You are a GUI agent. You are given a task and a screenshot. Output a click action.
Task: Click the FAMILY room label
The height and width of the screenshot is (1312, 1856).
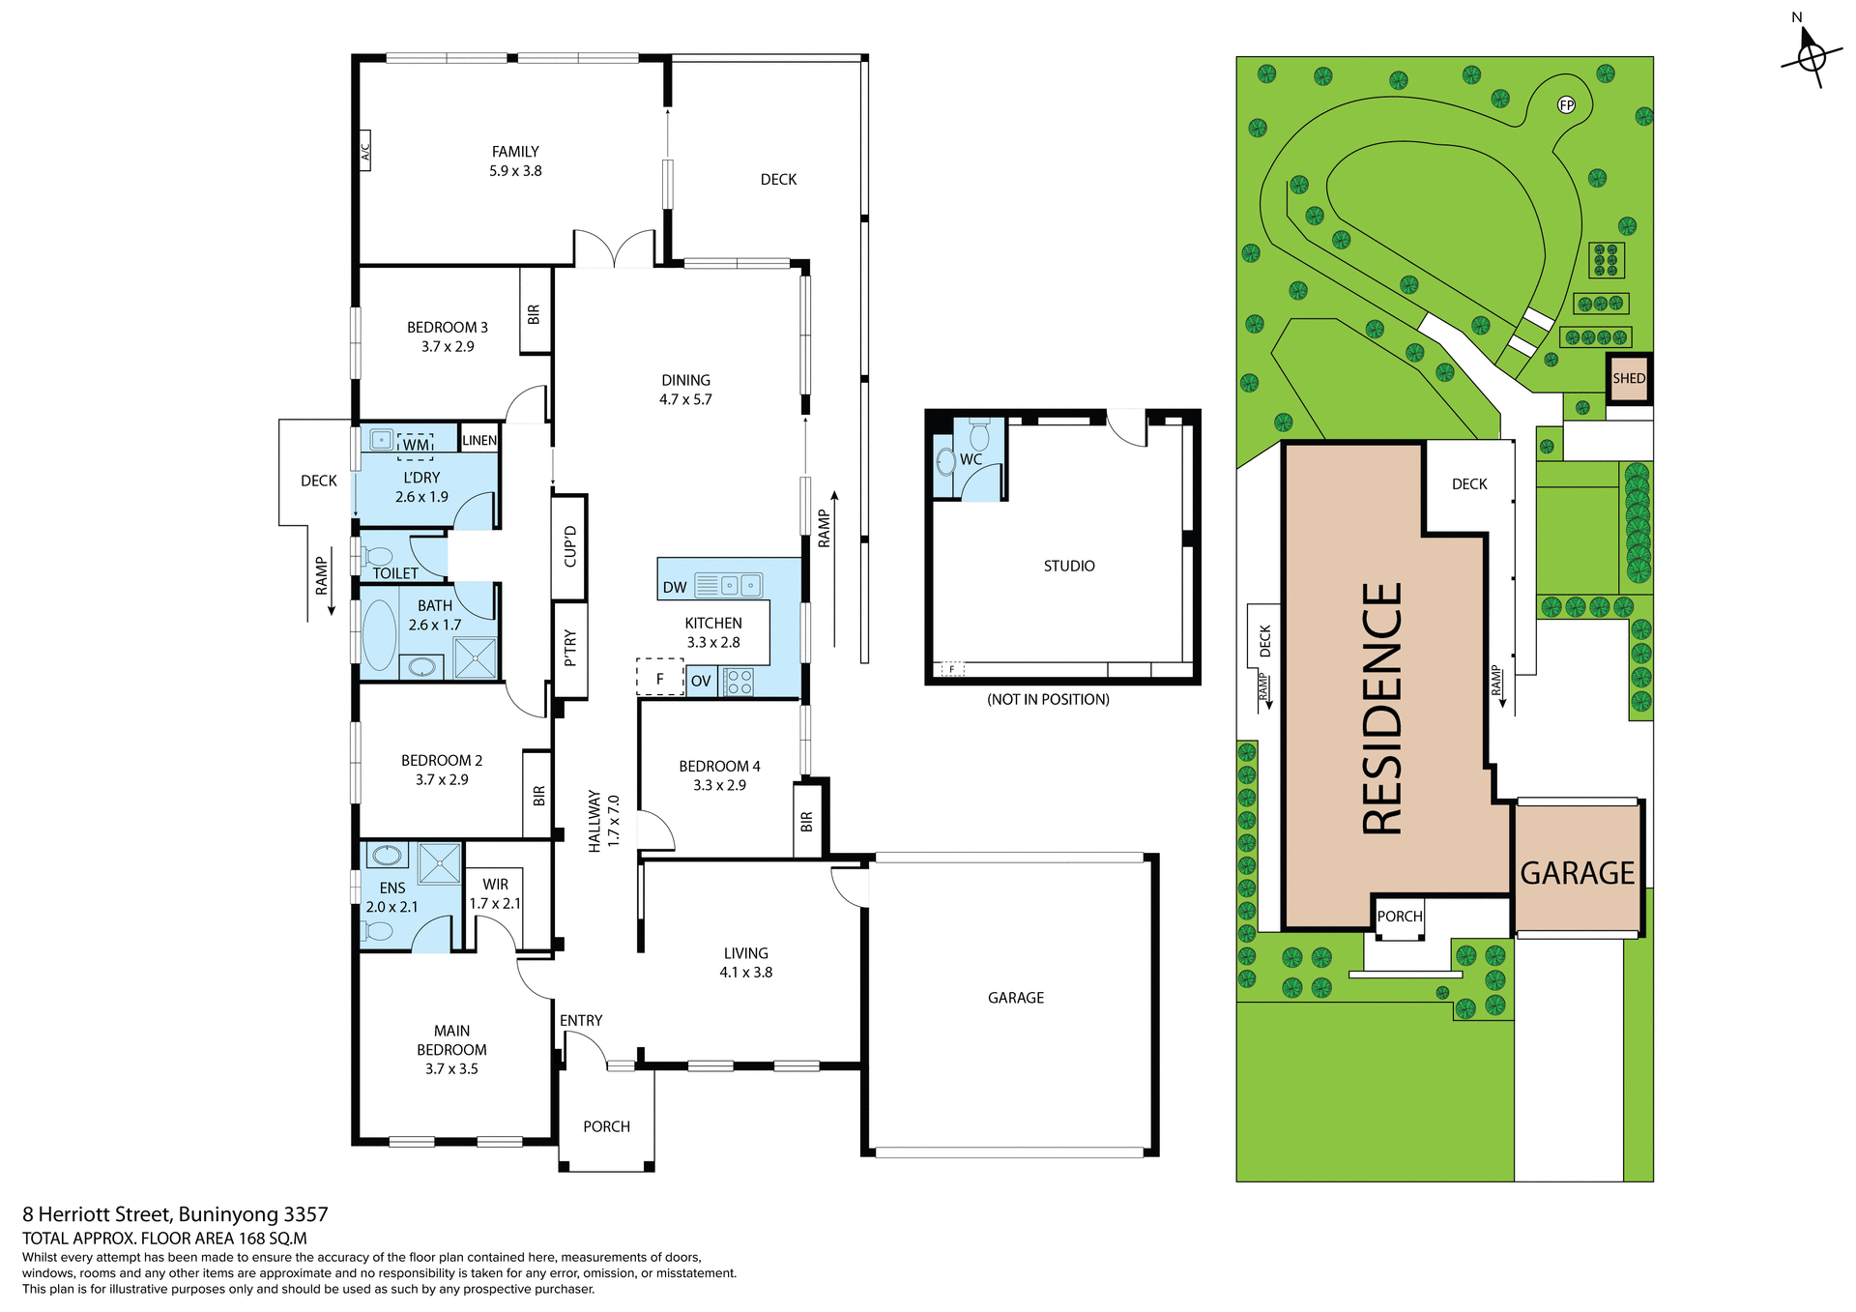click(x=515, y=152)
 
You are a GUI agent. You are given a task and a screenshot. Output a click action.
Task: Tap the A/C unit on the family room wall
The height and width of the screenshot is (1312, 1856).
click(x=365, y=152)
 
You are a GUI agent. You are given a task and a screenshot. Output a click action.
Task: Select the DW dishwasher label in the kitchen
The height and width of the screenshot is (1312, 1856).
click(x=675, y=587)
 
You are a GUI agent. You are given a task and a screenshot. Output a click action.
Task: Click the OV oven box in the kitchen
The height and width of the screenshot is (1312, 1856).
click(x=701, y=681)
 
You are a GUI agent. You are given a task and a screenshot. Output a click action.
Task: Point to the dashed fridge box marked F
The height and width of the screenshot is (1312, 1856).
click(x=659, y=678)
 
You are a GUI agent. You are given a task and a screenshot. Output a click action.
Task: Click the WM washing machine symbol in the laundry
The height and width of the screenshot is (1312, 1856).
click(x=416, y=445)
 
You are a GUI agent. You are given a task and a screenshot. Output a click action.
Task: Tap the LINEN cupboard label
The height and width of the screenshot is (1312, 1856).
click(x=479, y=440)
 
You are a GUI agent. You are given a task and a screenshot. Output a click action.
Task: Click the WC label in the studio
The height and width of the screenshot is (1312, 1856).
click(x=971, y=459)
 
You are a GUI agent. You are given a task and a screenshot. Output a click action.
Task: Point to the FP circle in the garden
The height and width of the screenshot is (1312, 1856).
click(x=1566, y=105)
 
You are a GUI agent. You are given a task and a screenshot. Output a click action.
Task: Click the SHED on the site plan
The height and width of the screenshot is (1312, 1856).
click(x=1629, y=378)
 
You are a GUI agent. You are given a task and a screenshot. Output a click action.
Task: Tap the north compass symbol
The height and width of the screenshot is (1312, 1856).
click(x=1811, y=56)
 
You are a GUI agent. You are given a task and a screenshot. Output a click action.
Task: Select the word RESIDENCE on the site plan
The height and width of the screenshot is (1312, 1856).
click(x=1382, y=709)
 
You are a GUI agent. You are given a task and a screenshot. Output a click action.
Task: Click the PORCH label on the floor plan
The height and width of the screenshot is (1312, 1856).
click(x=606, y=1126)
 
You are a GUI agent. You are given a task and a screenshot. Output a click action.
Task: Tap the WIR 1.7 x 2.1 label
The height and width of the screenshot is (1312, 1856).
click(x=495, y=894)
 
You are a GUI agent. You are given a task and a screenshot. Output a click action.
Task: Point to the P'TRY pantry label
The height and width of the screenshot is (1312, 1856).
click(x=570, y=648)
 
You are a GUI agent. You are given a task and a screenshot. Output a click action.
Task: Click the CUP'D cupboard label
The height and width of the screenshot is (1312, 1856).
click(x=570, y=546)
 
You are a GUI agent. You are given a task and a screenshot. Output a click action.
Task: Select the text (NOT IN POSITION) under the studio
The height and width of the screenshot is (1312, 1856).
click(x=1048, y=699)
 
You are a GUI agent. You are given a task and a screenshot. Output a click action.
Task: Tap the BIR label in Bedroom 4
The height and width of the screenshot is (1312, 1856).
click(x=807, y=822)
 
